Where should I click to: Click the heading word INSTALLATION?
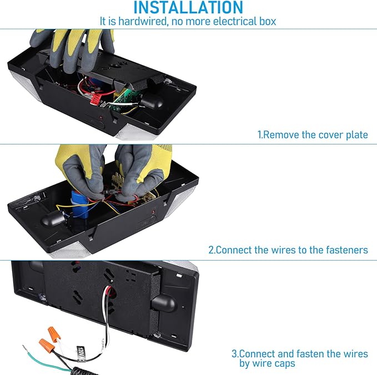coord(188,7)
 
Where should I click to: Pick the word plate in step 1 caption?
coord(357,135)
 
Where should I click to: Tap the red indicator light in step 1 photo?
coord(101,118)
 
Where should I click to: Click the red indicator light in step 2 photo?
coord(153,212)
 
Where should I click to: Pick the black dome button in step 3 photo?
coord(164,303)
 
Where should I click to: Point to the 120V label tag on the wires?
coord(81,353)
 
